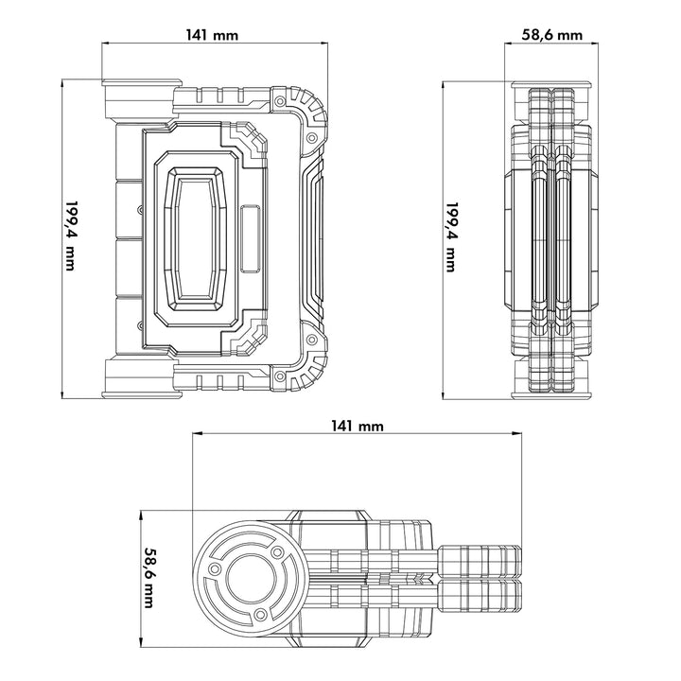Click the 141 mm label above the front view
[213, 34]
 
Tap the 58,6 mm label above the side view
[551, 34]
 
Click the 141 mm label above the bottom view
[358, 426]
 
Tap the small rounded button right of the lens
[251, 236]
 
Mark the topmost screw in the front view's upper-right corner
[279, 101]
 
